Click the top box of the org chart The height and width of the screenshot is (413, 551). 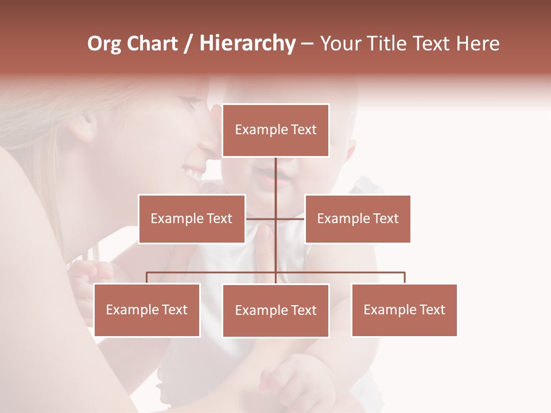(x=275, y=130)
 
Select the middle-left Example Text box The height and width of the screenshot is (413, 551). (x=192, y=219)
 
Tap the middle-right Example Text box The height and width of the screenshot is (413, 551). (x=358, y=219)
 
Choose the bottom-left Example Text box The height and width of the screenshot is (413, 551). (x=147, y=310)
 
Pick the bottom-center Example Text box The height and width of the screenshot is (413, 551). (x=275, y=310)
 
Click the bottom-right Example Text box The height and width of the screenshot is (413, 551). (x=404, y=310)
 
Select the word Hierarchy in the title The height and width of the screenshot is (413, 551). (x=247, y=44)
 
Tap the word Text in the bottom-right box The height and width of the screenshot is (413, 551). (x=432, y=310)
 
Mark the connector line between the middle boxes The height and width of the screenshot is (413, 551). (x=275, y=219)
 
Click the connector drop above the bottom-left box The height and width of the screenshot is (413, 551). (x=147, y=278)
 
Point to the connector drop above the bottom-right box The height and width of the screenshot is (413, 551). (x=404, y=278)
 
